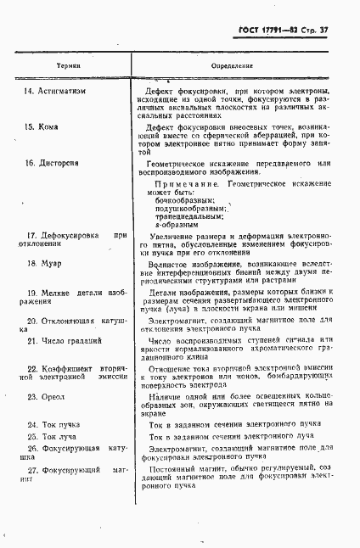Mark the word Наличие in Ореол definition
tap(166, 396)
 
